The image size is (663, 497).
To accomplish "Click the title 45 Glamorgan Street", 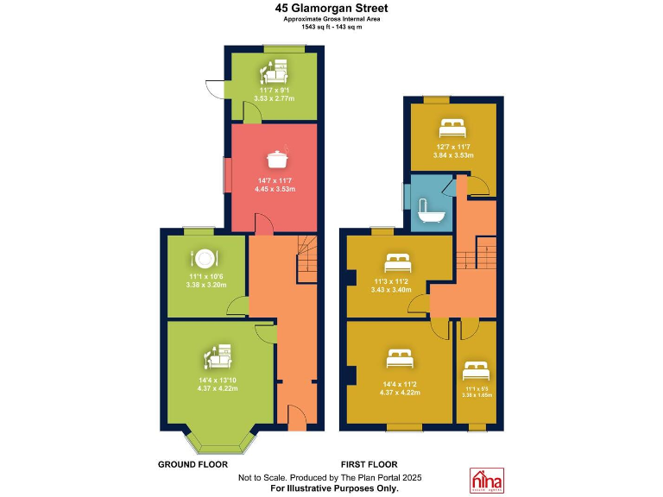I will [331, 8].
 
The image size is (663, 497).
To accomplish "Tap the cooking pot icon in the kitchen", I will [275, 160].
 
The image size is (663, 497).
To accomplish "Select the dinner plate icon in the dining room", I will [205, 258].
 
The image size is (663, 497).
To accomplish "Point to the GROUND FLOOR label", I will [193, 464].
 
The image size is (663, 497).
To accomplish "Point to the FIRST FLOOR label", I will [369, 464].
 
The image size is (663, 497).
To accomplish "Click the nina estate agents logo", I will [486, 480].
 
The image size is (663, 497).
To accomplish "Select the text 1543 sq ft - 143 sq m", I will [331, 27].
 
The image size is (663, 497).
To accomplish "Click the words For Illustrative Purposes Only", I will [331, 488].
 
